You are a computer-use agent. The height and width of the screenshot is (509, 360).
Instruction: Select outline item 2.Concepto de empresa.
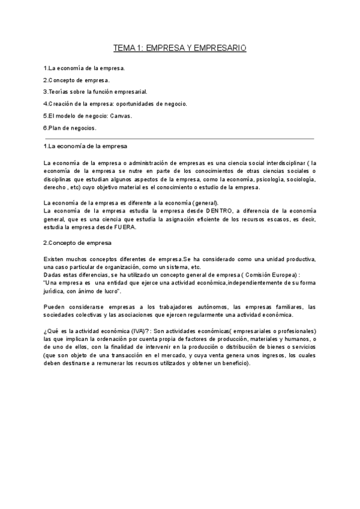[76, 80]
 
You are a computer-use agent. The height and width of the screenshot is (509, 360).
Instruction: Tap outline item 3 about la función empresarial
[95, 92]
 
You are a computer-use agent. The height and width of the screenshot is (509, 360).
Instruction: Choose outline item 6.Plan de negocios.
[70, 128]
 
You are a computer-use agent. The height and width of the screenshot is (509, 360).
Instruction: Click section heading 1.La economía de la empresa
[85, 146]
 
